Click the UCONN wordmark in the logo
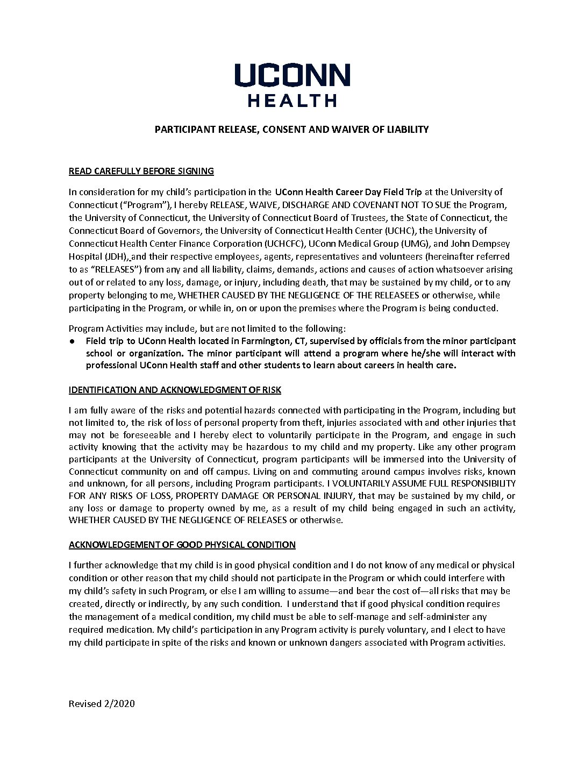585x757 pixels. [x=292, y=75]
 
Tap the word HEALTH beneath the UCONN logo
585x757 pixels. [x=292, y=100]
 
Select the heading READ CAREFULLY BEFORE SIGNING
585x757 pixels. [x=141, y=172]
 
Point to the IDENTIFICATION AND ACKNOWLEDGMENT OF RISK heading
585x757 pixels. [x=175, y=390]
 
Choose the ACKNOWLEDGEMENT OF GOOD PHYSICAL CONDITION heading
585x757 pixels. [x=182, y=545]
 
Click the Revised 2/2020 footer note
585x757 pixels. [x=102, y=704]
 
